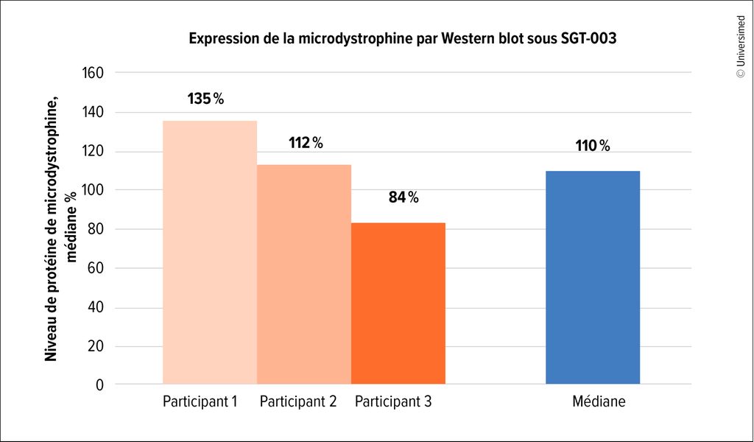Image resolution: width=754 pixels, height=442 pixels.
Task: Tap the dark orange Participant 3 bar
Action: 398,303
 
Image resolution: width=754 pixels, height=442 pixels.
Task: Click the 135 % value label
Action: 205,99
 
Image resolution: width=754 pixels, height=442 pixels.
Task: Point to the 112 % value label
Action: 306,143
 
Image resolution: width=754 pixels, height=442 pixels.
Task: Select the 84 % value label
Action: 403,197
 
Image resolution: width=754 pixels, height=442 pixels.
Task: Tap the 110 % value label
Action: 593,146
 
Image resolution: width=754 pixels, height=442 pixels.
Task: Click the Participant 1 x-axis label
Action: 200,402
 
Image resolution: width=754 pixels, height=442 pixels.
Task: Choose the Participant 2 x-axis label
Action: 298,402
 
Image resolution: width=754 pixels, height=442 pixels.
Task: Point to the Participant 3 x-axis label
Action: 393,402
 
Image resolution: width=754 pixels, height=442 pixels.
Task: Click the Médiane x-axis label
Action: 599,402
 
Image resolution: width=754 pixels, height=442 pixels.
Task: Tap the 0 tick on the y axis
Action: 99,385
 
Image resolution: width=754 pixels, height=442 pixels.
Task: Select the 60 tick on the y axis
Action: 95,268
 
